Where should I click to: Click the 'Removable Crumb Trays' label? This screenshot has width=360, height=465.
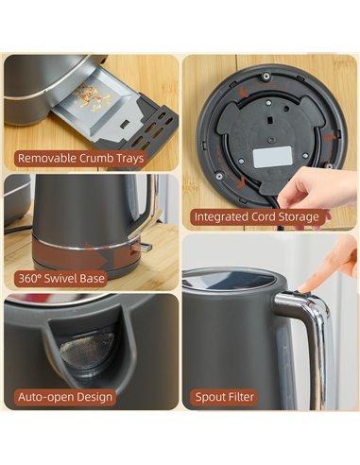(80, 158)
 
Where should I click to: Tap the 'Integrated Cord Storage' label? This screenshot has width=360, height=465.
(257, 216)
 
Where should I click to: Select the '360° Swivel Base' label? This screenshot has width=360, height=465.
(61, 279)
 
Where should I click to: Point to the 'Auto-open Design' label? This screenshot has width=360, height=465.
(65, 397)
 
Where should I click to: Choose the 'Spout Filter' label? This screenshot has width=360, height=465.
(225, 397)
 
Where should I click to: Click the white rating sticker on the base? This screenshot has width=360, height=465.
(272, 157)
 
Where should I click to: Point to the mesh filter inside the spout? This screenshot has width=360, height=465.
(87, 346)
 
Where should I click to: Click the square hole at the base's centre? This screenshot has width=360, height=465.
(270, 120)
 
